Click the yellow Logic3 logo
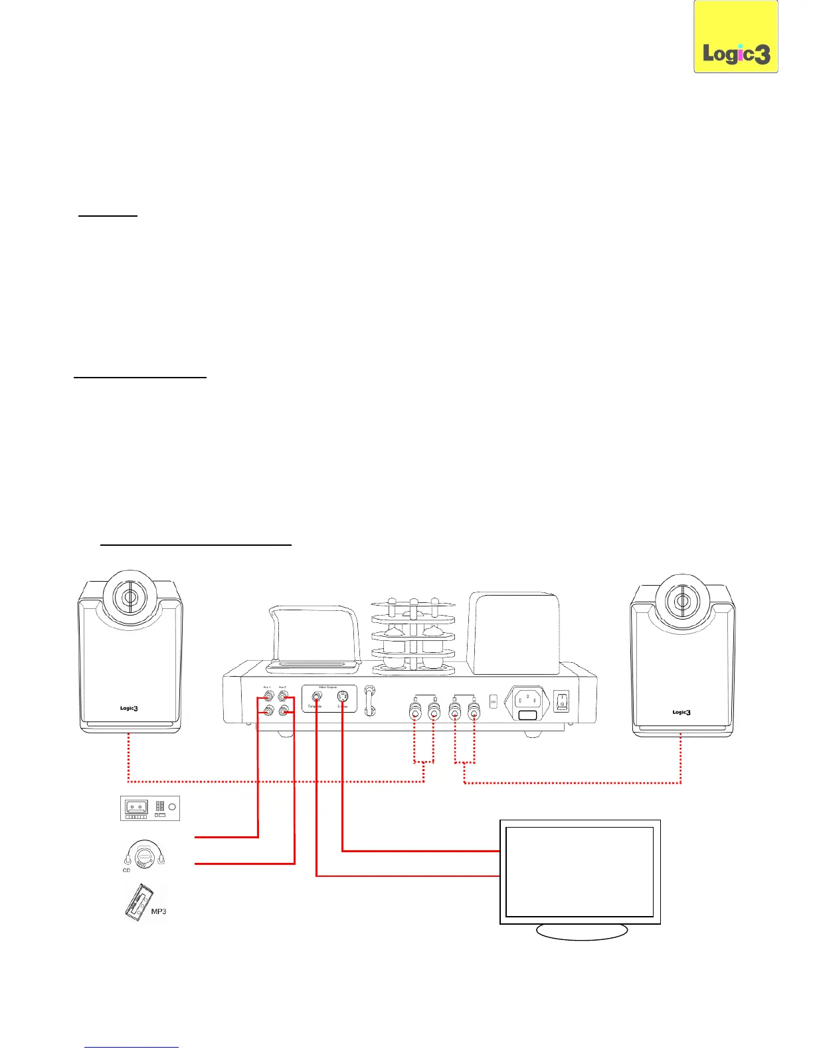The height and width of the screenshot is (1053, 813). pos(736,37)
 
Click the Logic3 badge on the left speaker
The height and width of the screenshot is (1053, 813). pos(129,708)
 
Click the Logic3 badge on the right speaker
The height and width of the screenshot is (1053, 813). pos(681,712)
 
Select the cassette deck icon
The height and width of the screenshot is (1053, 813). pos(149,808)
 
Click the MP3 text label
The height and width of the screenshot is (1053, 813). pos(158,911)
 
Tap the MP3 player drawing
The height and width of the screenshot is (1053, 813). pos(138,902)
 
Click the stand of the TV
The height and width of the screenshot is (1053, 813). pos(582,931)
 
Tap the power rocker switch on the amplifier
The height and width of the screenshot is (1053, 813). pos(562,701)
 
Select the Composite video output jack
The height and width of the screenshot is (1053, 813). pos(317,698)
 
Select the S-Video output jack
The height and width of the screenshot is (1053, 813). pos(342,697)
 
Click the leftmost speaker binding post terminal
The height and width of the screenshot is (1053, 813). pos(415,713)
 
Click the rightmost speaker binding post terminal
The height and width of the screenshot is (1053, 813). pos(474,713)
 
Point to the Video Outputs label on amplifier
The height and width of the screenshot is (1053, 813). pos(329,687)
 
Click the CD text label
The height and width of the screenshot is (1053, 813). pos(126,870)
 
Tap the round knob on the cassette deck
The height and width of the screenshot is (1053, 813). pos(172,807)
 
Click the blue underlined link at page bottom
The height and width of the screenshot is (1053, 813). pos(132,1047)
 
